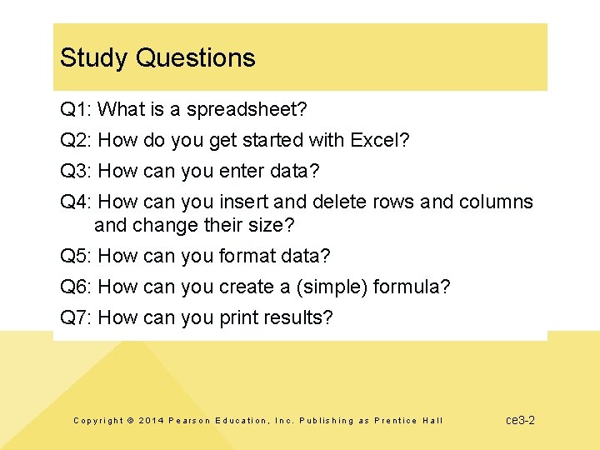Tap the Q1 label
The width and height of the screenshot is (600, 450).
pyautogui.click(x=76, y=109)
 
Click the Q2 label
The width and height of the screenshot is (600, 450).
pyautogui.click(x=76, y=140)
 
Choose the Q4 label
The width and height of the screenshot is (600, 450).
pyautogui.click(x=76, y=202)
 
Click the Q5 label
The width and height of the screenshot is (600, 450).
pyautogui.click(x=76, y=256)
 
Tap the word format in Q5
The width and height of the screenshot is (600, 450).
pyautogui.click(x=247, y=256)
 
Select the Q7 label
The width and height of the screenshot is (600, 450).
pyautogui.click(x=76, y=317)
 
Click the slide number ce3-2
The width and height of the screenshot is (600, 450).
pyautogui.click(x=520, y=420)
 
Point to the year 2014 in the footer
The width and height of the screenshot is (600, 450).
pyautogui.click(x=151, y=421)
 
